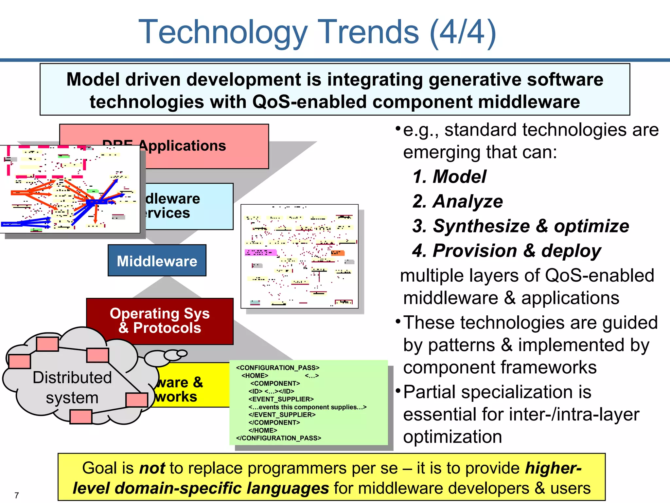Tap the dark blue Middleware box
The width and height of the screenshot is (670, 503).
157,261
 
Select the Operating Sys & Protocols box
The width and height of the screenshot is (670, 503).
160,321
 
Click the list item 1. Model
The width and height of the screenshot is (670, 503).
450,177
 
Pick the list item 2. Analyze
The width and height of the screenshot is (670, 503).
458,201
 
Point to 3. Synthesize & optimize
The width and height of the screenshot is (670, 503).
520,226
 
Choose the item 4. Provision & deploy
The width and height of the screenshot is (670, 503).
507,251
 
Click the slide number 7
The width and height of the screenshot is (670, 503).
17,495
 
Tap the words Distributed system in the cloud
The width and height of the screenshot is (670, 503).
72,387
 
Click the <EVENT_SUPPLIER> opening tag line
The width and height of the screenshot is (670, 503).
281,399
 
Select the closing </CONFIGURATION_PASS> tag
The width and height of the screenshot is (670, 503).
278,438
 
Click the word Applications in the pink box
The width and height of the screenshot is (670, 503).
182,146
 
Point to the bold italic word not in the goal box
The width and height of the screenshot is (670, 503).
152,468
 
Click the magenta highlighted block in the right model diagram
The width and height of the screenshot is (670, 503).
260,252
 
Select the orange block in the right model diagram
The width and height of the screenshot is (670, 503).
337,253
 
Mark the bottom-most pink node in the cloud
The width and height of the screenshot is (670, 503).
81,417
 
